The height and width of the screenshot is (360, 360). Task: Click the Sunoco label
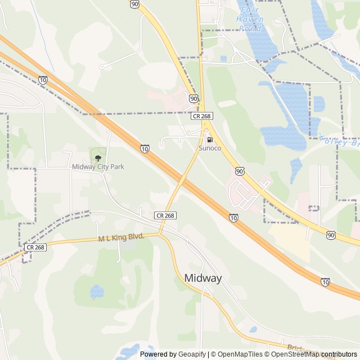(x=210, y=148)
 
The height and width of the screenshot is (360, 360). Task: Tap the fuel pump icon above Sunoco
(x=210, y=139)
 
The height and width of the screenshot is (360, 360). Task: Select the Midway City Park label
(x=98, y=166)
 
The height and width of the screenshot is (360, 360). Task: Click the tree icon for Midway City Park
(x=98, y=157)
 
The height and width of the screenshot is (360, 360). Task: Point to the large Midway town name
(x=203, y=278)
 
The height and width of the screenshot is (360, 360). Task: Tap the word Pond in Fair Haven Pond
(x=250, y=28)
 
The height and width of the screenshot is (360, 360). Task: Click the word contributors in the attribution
(x=339, y=354)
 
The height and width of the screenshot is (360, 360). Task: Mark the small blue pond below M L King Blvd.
(x=97, y=292)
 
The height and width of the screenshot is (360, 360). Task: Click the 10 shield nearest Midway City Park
(x=145, y=149)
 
